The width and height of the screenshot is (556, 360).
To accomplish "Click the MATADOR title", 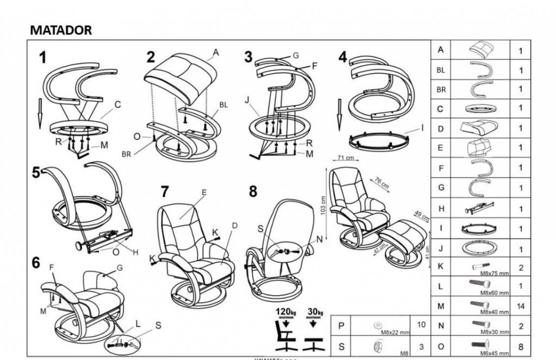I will (x=60, y=30).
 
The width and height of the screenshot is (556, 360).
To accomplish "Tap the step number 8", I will (x=253, y=192).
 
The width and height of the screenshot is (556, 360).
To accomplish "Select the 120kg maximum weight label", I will (x=287, y=312).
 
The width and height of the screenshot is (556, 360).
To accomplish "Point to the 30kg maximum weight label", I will (x=315, y=312).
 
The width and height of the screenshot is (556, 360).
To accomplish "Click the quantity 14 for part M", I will (x=520, y=306).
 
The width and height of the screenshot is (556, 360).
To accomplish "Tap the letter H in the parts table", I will (x=440, y=208).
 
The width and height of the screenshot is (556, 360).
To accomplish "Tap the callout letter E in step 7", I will (x=203, y=193).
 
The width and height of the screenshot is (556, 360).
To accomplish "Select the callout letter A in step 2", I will (x=215, y=51).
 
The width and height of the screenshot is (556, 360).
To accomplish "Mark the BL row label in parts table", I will (x=440, y=70).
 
